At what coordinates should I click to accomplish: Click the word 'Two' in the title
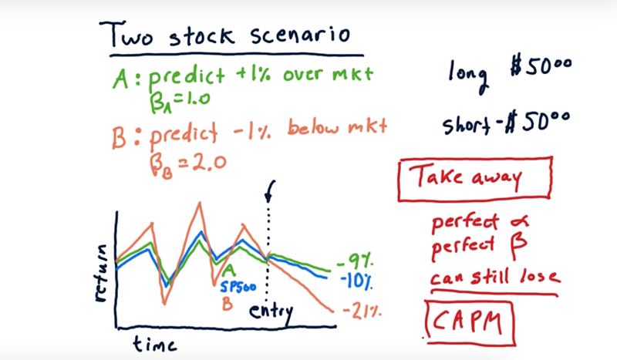(x=126, y=35)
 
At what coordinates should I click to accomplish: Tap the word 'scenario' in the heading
(x=300, y=35)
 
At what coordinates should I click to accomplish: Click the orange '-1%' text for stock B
(x=252, y=130)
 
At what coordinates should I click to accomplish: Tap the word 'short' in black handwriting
(x=467, y=125)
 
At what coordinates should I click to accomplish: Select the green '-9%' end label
(x=355, y=261)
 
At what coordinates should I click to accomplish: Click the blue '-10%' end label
(x=356, y=281)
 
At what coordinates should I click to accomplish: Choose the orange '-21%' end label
(x=362, y=311)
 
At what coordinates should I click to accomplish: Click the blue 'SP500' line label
(x=238, y=287)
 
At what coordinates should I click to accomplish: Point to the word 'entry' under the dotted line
(x=271, y=312)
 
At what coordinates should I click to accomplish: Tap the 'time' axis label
(x=155, y=344)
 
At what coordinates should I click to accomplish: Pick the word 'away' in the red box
(x=497, y=179)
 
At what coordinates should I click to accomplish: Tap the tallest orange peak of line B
(x=200, y=203)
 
